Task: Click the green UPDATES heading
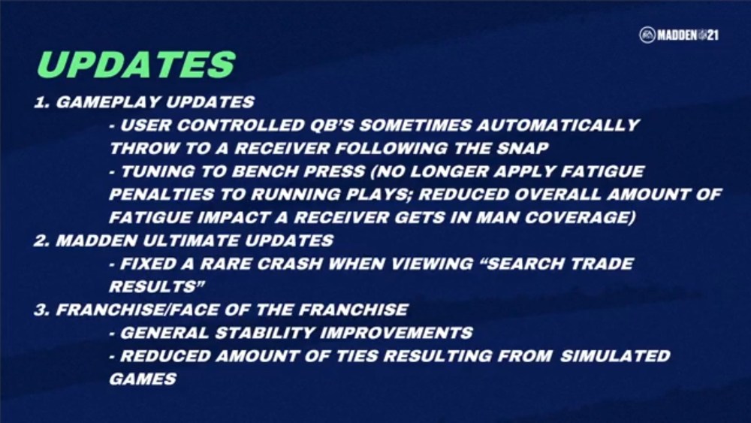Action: [x=137, y=64]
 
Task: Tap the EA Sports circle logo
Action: [x=647, y=35]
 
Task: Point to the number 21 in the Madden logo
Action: [x=713, y=35]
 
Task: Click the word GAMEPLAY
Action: [x=107, y=102]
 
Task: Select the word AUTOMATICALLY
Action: [x=558, y=125]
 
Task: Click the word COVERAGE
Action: [x=580, y=217]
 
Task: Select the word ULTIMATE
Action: [x=190, y=240]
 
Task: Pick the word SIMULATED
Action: [x=615, y=355]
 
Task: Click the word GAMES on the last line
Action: [x=143, y=379]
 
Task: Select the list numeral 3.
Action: [x=41, y=310]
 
